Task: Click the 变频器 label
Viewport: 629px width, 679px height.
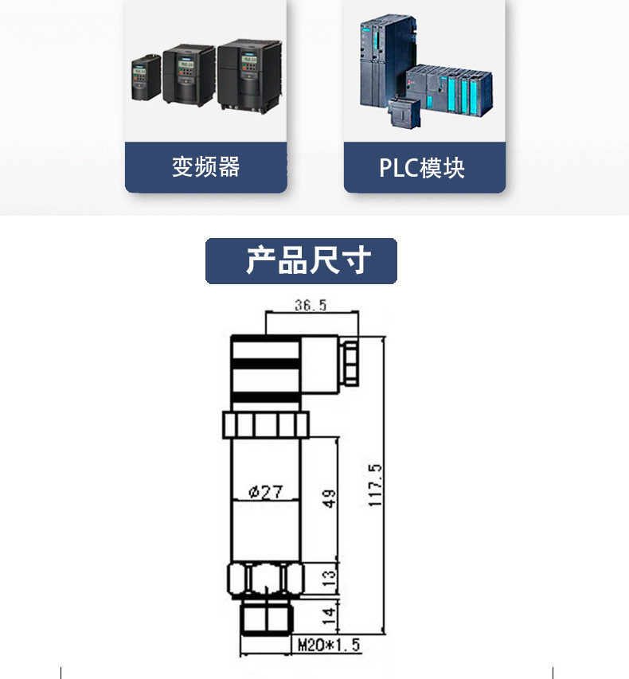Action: (x=205, y=167)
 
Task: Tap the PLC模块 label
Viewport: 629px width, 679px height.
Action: (x=422, y=168)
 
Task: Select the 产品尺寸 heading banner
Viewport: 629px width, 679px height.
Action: (x=301, y=261)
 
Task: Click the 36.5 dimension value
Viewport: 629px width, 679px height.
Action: (x=311, y=305)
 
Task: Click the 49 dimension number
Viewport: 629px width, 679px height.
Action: (x=329, y=499)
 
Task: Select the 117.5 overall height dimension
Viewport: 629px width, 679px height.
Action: (x=376, y=486)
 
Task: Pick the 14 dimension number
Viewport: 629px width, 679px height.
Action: (x=329, y=615)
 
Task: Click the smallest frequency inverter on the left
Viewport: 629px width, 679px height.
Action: (x=146, y=77)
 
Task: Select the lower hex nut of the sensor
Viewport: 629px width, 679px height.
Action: (x=265, y=579)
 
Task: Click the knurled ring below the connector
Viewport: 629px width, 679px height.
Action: (x=265, y=423)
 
